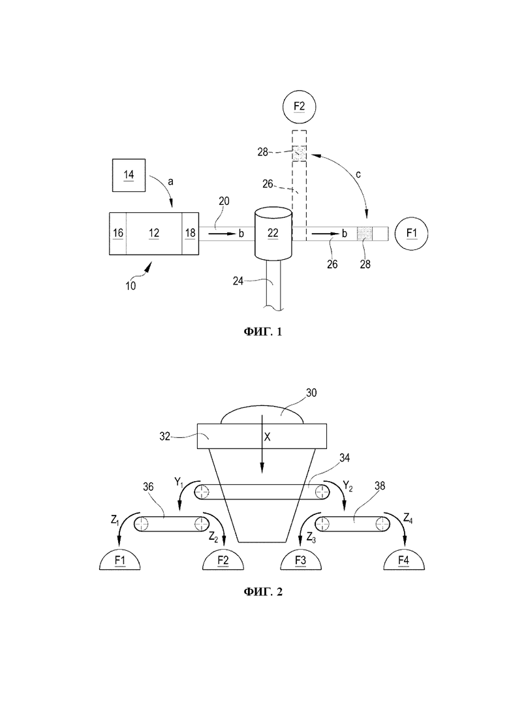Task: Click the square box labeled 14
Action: tap(129, 175)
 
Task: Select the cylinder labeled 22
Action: tap(273, 234)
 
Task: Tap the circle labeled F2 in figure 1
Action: tap(300, 106)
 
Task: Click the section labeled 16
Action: tap(118, 233)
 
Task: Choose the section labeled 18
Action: tap(191, 233)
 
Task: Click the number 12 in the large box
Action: tap(154, 233)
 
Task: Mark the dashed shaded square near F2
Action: tap(300, 153)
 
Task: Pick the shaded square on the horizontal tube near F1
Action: tap(365, 234)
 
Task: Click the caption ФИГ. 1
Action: tap(263, 332)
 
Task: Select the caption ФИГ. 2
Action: tap(263, 592)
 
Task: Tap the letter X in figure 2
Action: tap(267, 437)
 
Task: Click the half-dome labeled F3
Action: tap(301, 559)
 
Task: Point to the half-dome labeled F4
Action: tap(404, 559)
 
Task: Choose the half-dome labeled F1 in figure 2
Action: tap(120, 559)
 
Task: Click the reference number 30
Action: tap(311, 393)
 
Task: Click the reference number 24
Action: tap(238, 281)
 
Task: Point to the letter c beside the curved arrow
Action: tap(358, 174)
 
